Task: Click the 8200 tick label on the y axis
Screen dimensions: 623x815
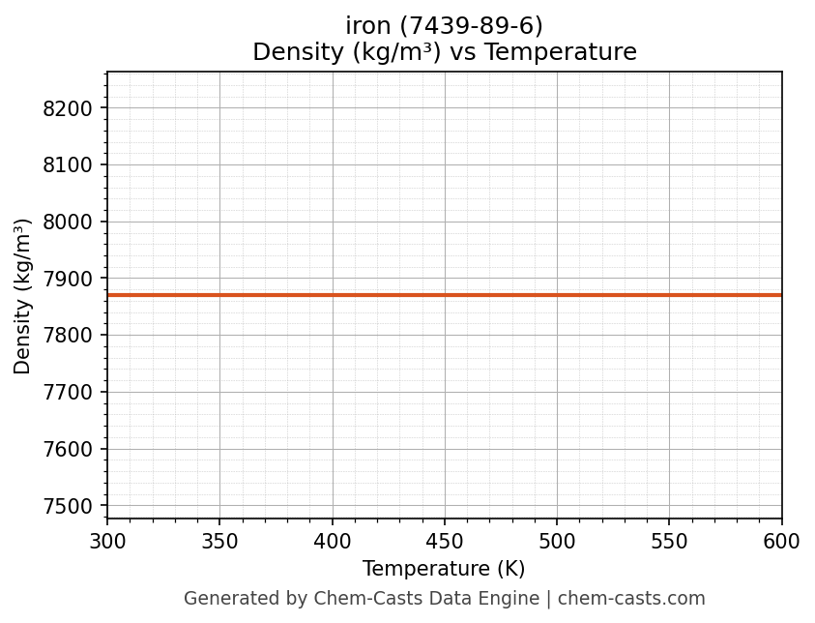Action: click(x=67, y=108)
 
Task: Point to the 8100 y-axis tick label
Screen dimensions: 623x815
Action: click(x=67, y=165)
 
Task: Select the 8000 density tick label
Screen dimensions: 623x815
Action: click(x=67, y=222)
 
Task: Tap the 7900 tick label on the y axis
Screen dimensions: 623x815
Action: click(x=67, y=279)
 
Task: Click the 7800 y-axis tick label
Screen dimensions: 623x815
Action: click(x=67, y=336)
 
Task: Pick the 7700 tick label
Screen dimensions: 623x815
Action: click(x=67, y=393)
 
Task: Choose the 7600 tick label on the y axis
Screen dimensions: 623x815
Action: click(x=67, y=450)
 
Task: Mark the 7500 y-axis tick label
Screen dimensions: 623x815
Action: click(x=67, y=506)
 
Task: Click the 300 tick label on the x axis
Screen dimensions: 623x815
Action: click(x=107, y=542)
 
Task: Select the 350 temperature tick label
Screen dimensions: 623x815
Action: click(x=219, y=542)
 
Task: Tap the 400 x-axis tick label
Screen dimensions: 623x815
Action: click(x=333, y=542)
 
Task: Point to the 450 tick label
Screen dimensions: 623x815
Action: click(x=445, y=542)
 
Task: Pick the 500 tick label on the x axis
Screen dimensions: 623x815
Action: click(x=557, y=542)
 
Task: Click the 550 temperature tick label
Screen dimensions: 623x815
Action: click(x=669, y=542)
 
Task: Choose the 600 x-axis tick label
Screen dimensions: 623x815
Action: click(x=781, y=542)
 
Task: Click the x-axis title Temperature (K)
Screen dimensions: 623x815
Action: click(x=444, y=569)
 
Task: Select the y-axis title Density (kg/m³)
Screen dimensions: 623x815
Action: click(x=23, y=296)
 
